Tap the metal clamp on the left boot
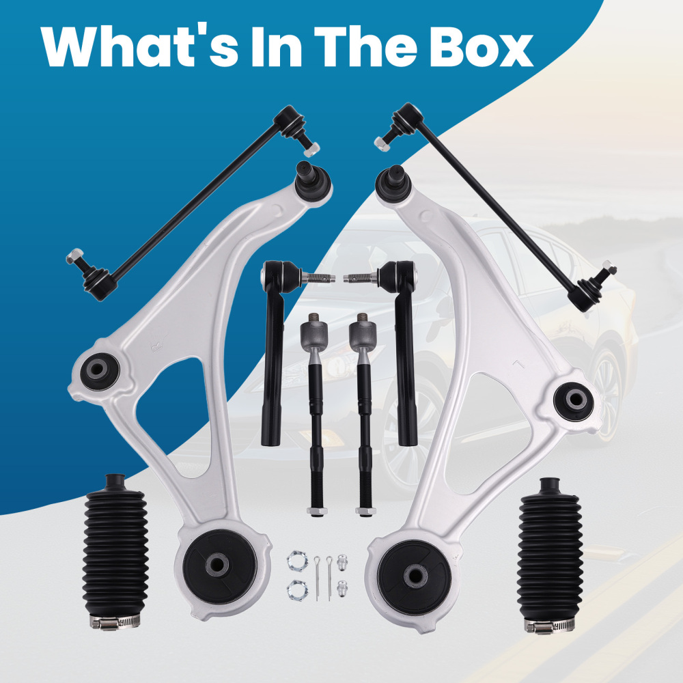click(115, 622)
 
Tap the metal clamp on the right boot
click(550, 626)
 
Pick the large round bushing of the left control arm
click(219, 566)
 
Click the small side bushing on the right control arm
click(574, 401)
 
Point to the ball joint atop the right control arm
click(393, 184)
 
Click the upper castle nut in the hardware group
click(297, 561)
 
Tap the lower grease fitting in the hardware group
click(342, 589)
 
